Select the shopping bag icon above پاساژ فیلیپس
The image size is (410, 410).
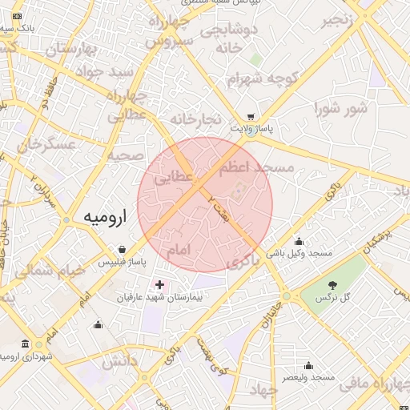point(121,249)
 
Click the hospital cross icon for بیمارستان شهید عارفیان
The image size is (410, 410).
point(159,284)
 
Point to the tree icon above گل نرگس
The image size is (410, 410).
point(332,284)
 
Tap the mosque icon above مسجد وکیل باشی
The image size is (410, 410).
point(299,241)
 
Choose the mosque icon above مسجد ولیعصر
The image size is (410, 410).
point(307,365)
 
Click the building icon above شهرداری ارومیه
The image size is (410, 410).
point(26,344)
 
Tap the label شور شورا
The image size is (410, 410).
point(340,107)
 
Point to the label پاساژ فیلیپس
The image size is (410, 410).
point(119,263)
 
